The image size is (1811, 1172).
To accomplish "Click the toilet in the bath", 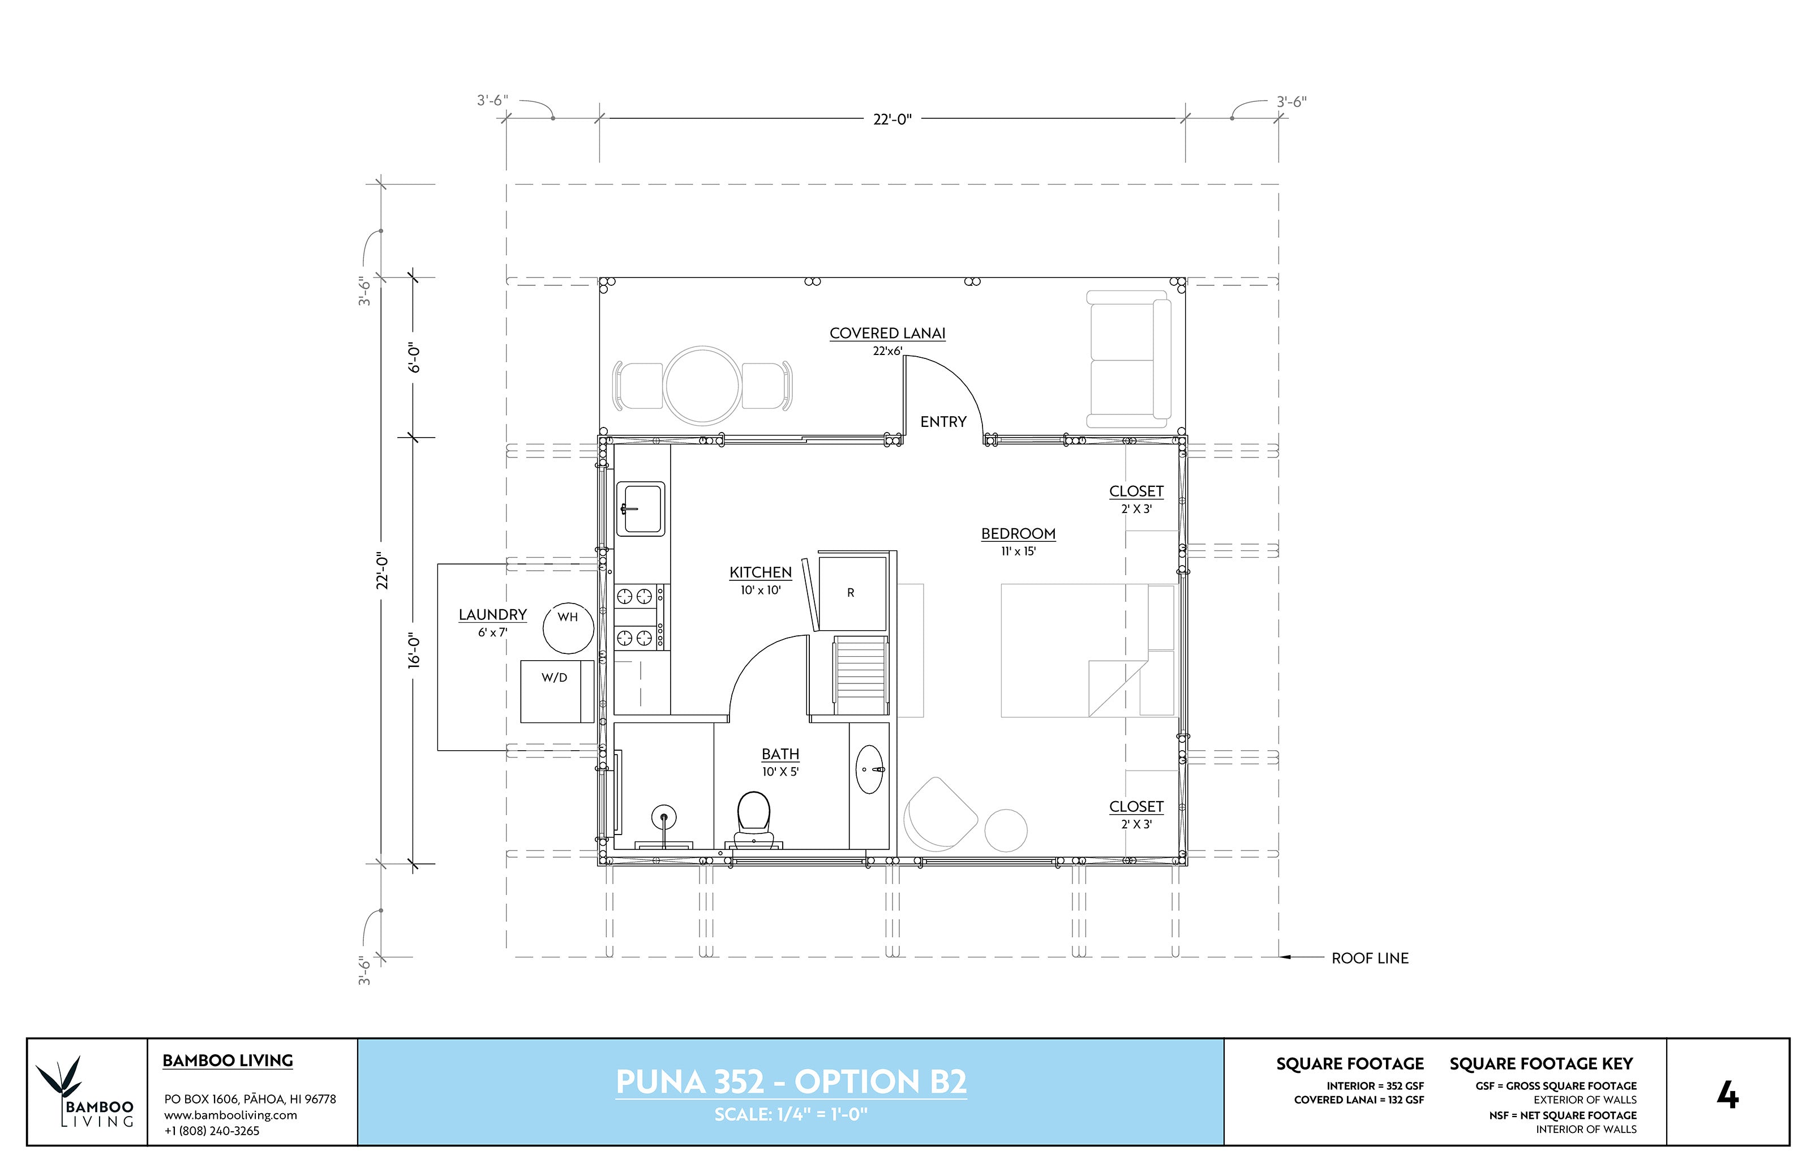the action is [x=753, y=820].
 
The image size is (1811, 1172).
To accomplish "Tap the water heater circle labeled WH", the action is [x=568, y=628].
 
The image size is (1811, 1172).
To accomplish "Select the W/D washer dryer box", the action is [x=557, y=691].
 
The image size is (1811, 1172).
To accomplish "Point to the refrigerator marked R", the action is [x=851, y=592].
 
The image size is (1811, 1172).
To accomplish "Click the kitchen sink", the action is [x=641, y=508].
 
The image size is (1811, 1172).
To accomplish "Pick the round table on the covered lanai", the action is [x=703, y=385].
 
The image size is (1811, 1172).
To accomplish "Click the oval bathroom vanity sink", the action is [x=871, y=769].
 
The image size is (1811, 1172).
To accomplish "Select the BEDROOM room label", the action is [x=1018, y=533].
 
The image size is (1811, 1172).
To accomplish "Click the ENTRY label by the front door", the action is [x=943, y=422].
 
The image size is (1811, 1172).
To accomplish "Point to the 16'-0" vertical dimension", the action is [x=414, y=651].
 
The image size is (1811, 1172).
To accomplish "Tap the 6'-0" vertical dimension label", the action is [x=414, y=357].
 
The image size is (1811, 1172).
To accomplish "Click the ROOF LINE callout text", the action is [x=1370, y=958].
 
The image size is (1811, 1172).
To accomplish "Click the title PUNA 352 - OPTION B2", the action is [x=791, y=1081].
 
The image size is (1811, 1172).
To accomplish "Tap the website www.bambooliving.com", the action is [x=230, y=1115].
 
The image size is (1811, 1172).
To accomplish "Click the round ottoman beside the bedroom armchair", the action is [x=1006, y=830].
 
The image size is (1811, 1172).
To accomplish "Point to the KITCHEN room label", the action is [x=761, y=572].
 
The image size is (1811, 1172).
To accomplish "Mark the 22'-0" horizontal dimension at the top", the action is [x=892, y=119].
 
